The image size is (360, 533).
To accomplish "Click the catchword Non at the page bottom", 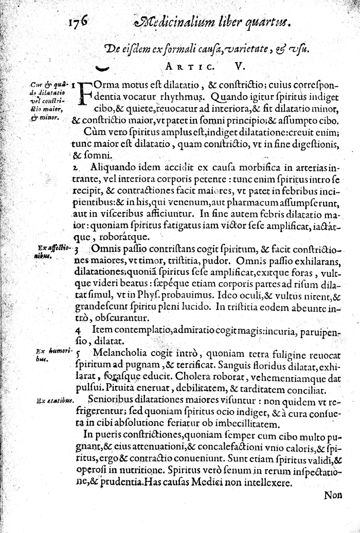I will [335, 495].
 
